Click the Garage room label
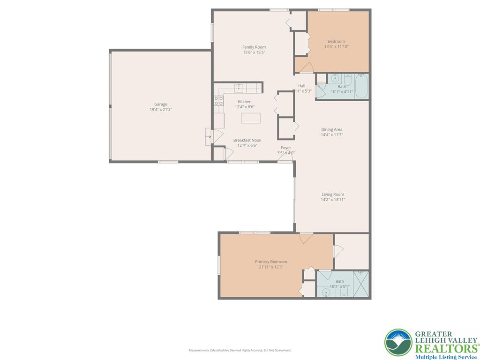tap(161, 105)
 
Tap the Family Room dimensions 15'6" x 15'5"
tap(254, 52)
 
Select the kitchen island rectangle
tap(251, 118)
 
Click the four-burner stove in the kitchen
tap(218, 101)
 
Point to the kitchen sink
tap(239, 88)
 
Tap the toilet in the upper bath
tap(348, 78)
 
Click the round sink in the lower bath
tap(327, 292)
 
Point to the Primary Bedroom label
tap(271, 262)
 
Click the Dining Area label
tap(331, 129)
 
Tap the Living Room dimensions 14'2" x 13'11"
tap(332, 200)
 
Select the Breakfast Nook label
tap(247, 140)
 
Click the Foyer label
tap(286, 148)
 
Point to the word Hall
tap(301, 86)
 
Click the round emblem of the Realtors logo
tap(398, 342)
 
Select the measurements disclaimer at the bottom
tap(240, 350)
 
